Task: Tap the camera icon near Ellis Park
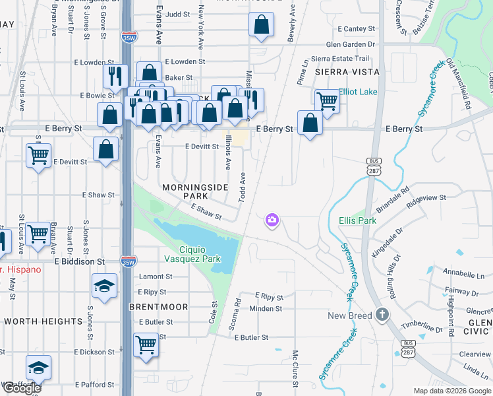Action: coord(272,220)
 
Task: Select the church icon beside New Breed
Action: coord(382,315)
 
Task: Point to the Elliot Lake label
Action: coord(358,92)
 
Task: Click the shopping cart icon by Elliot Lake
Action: coord(327,101)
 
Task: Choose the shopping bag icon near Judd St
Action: coord(262,24)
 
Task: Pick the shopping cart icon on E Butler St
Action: coord(146,344)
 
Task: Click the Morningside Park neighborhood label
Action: coord(195,192)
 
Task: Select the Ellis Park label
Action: coord(358,220)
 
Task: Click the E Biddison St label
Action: coord(80,261)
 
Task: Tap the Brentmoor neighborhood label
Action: coord(158,307)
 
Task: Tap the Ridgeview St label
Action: coord(426,197)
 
